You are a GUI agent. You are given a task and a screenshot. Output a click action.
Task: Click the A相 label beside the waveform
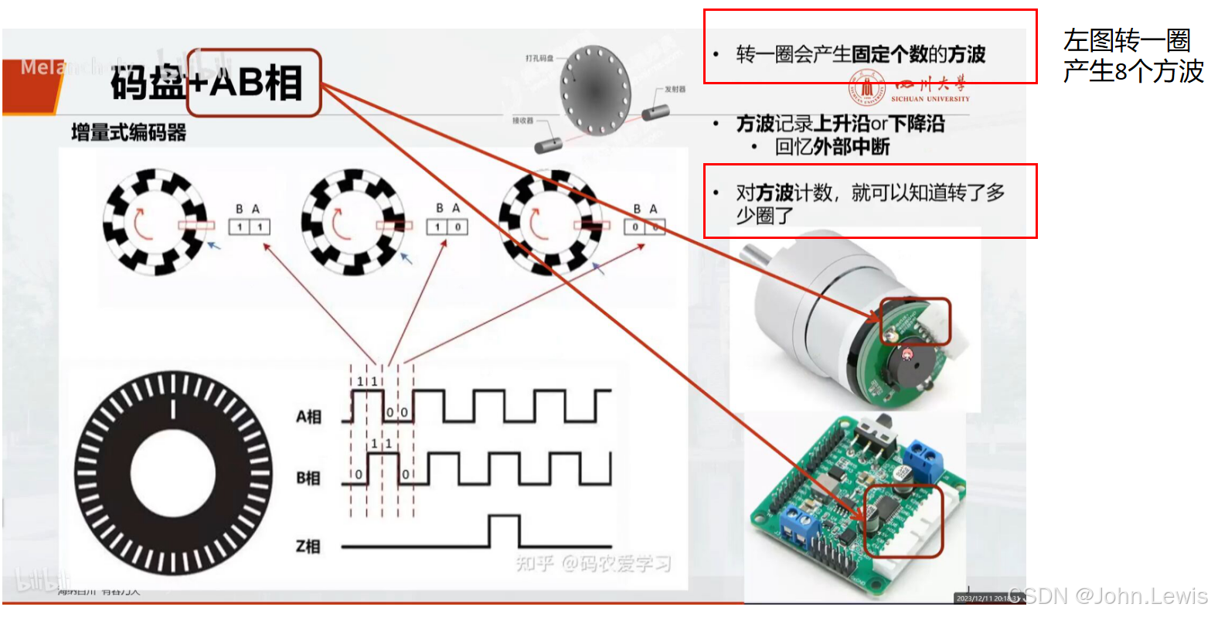308,417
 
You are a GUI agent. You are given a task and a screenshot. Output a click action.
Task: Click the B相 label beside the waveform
308,479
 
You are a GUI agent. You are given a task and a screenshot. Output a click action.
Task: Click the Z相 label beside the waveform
308,547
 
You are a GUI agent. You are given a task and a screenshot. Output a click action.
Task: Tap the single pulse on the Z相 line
505,530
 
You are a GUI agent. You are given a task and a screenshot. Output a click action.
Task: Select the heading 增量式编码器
128,132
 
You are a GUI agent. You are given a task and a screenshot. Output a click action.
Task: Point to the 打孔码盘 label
539,58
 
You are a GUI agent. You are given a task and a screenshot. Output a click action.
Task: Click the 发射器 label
674,90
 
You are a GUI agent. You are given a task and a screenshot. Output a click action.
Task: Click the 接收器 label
522,121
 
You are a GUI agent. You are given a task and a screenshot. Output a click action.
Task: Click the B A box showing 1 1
249,227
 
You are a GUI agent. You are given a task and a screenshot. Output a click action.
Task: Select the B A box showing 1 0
447,227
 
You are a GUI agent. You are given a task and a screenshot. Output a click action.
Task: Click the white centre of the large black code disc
174,474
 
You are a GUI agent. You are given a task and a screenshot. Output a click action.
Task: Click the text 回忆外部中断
832,147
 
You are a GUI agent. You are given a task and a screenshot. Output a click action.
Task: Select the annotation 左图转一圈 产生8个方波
1132,56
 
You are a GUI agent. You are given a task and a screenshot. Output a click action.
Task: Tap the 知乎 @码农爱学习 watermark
593,564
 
